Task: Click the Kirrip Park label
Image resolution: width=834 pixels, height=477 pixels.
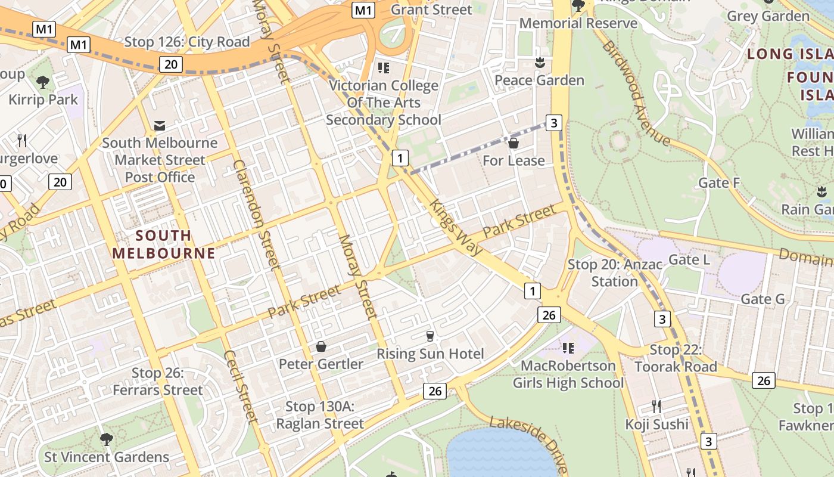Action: click(x=43, y=99)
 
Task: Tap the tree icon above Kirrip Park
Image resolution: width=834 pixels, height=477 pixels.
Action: click(x=42, y=82)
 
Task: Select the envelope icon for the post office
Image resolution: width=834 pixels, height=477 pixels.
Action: click(x=160, y=125)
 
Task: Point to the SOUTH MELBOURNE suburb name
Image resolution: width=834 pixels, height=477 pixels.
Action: click(x=163, y=244)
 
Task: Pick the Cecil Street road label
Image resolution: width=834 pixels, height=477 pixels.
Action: click(x=241, y=386)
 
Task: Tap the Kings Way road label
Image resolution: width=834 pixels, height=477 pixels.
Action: click(x=456, y=227)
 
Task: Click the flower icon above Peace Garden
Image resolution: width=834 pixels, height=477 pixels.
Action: click(x=540, y=62)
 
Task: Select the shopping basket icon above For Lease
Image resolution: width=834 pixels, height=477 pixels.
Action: click(x=514, y=143)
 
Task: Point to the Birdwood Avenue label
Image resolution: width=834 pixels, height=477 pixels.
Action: click(x=636, y=93)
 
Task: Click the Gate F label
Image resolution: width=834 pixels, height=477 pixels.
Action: click(x=719, y=183)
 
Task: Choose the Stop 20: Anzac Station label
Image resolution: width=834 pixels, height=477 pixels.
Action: click(x=614, y=272)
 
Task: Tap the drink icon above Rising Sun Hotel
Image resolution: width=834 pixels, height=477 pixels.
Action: click(x=430, y=337)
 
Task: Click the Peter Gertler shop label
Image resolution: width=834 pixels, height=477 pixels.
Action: click(x=321, y=364)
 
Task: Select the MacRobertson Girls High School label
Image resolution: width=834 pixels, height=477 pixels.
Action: click(x=568, y=374)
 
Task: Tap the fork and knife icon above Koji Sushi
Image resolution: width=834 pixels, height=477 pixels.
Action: click(x=656, y=407)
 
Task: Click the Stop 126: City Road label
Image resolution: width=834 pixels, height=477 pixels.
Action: click(x=186, y=42)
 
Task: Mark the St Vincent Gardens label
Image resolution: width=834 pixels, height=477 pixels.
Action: click(x=107, y=457)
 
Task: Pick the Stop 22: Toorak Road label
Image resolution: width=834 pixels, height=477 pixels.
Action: click(x=676, y=358)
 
